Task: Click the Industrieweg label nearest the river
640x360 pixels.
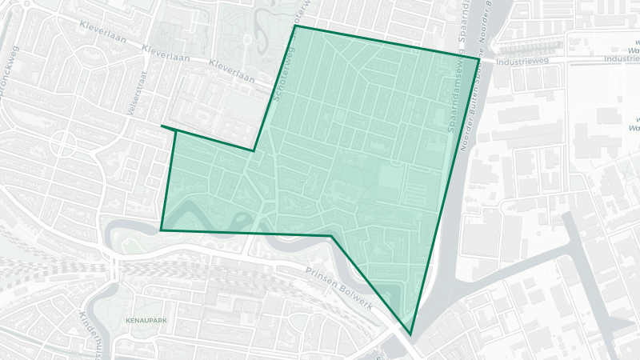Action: (521, 60)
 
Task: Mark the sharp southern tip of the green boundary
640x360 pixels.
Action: (410, 334)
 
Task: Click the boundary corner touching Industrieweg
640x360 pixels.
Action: (478, 58)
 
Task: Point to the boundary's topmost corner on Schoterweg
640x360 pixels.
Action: (295, 26)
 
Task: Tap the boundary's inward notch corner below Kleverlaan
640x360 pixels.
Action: (253, 150)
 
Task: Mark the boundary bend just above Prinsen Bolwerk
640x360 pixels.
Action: (331, 236)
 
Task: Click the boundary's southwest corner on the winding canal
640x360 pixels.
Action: (161, 230)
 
